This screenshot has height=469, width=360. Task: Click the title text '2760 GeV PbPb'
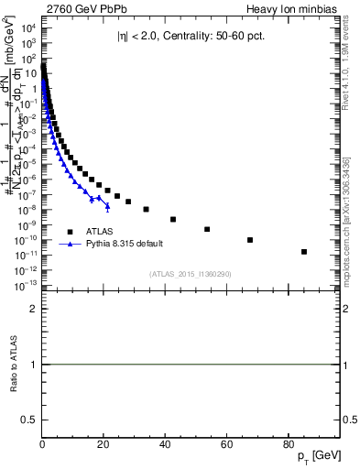coord(80,9)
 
